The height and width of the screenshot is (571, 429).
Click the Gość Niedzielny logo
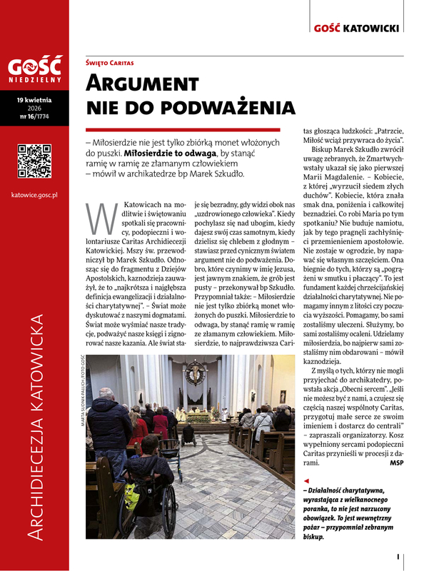tap(35, 70)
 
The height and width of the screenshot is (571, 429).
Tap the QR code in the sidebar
tap(34, 161)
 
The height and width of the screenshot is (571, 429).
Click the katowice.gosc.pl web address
tap(35, 195)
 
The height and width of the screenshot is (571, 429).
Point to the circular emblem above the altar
tap(195, 372)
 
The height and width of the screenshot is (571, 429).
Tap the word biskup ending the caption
tap(313, 537)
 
